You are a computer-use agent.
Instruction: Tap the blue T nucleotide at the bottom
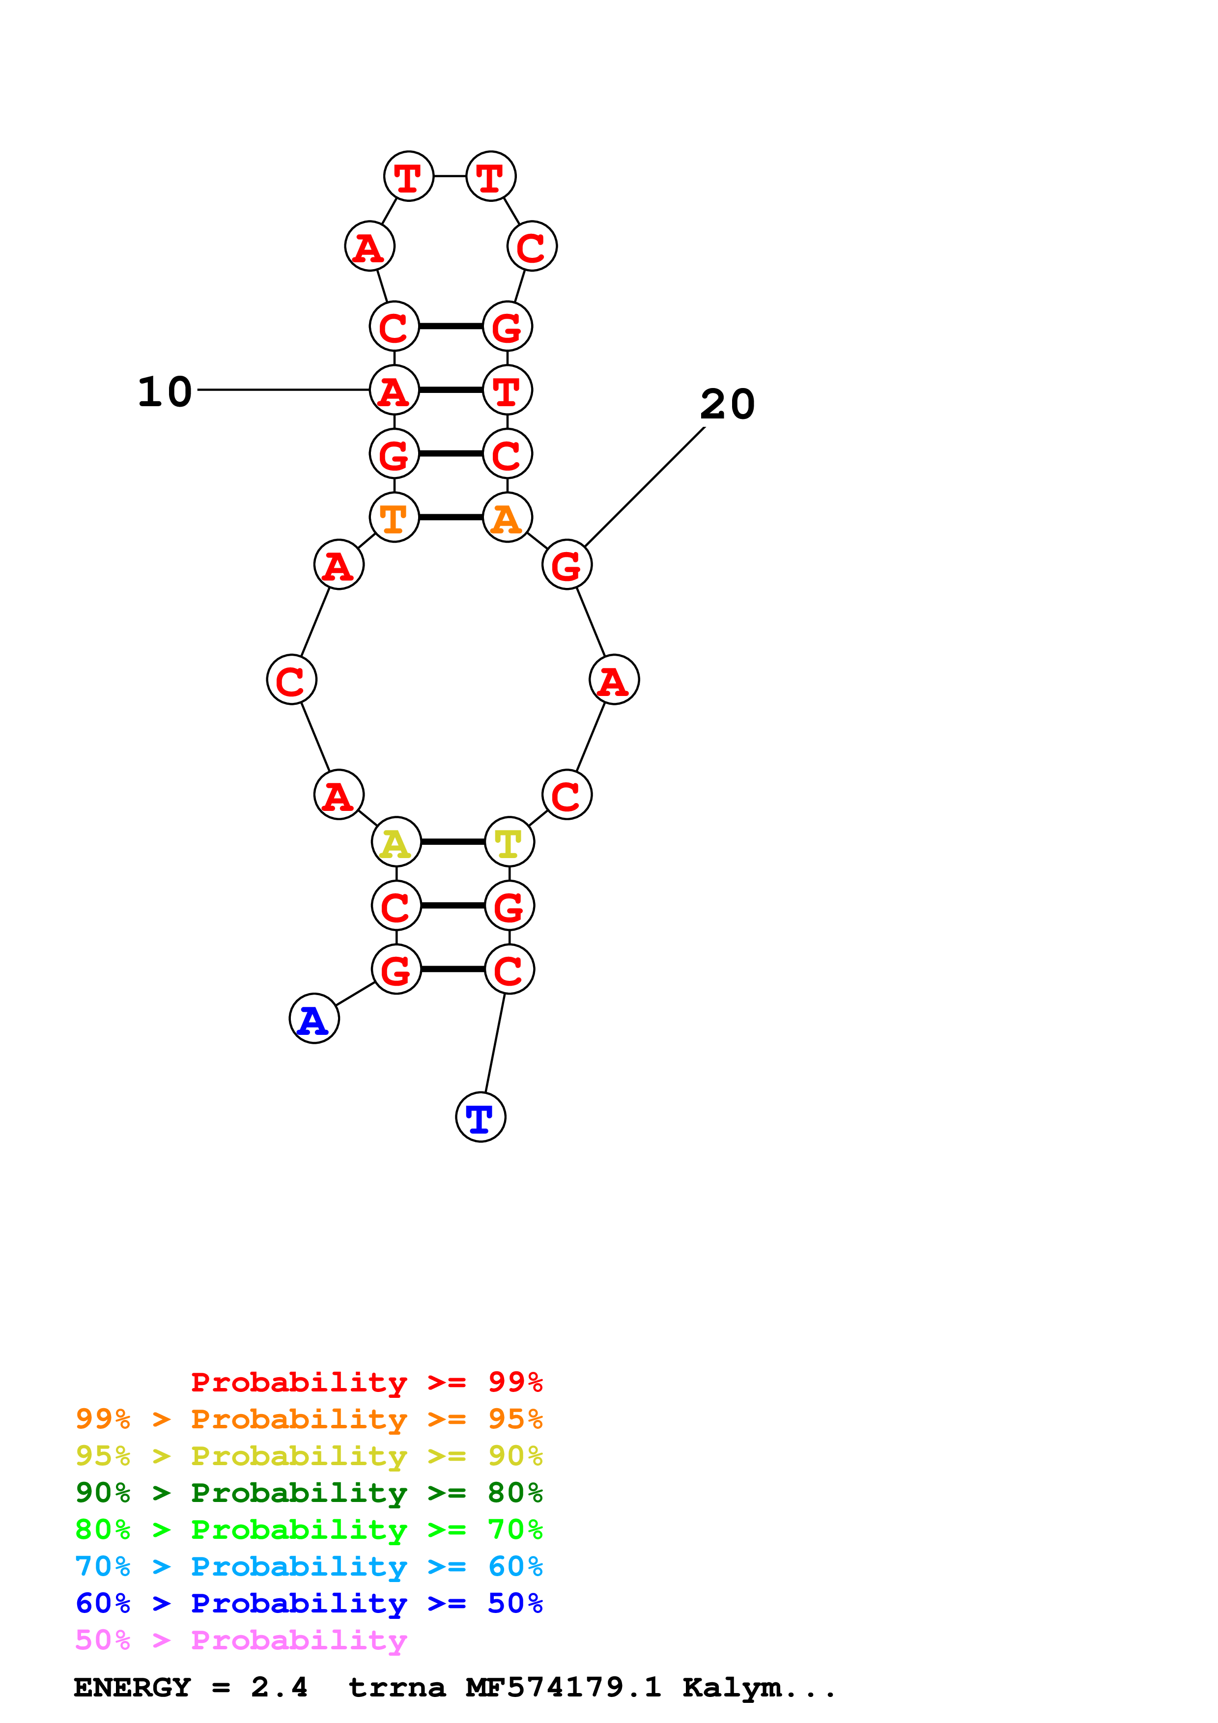481,1117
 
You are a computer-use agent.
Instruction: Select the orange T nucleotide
394,517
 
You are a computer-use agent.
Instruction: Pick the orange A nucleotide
508,517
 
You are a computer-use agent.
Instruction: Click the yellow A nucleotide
396,842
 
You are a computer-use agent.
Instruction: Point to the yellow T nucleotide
510,842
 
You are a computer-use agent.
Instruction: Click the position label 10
165,392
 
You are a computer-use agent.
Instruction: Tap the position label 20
727,405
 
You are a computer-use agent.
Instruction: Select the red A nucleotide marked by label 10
394,389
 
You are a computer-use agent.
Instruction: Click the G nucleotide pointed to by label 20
567,564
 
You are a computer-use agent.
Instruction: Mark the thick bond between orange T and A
450,517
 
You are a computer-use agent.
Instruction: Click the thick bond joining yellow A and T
453,842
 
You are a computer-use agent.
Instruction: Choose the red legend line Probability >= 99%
366,1382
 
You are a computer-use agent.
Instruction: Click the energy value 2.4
279,1687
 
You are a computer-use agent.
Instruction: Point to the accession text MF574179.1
563,1687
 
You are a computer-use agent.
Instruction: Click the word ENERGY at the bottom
132,1687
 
